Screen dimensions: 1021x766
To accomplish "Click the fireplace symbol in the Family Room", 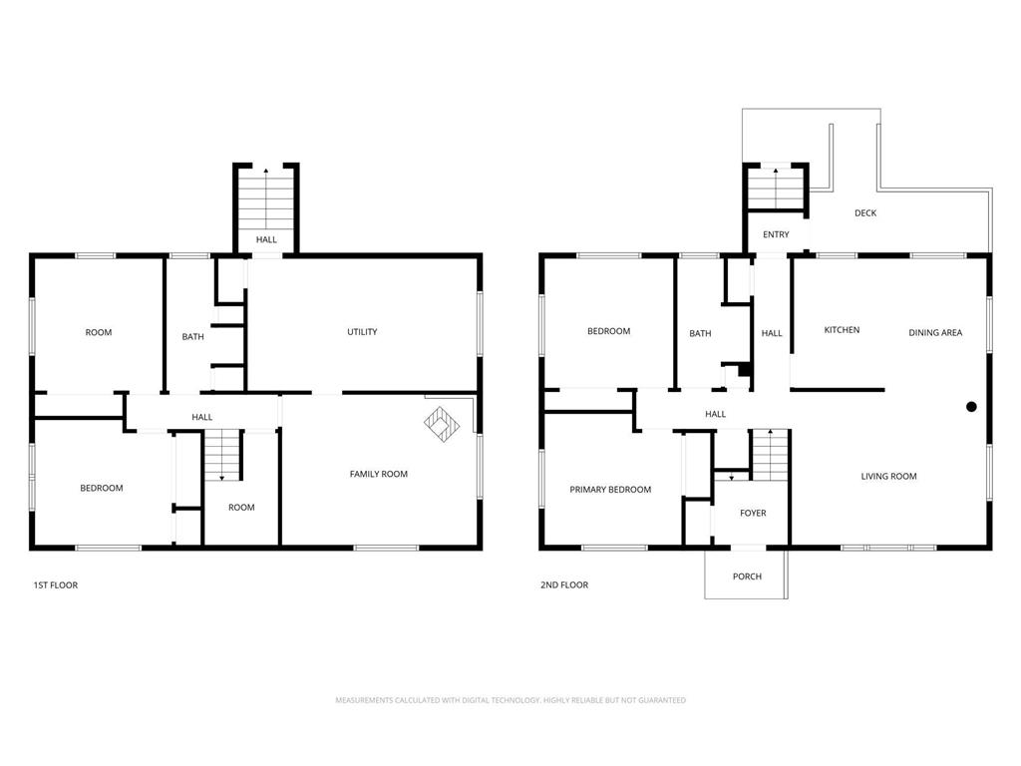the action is tap(442, 424).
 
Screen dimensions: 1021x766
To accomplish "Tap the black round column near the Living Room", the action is tap(971, 407).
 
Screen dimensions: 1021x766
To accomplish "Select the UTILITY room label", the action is tap(362, 331).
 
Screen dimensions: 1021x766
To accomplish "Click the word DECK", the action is tap(865, 213).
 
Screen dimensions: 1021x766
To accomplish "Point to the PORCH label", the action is tap(747, 576).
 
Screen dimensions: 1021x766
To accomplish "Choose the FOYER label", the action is tap(753, 514).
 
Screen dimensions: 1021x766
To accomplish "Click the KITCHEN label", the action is tap(842, 330).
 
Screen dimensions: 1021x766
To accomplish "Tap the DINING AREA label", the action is tap(935, 333).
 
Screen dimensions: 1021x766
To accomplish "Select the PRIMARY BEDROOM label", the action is tap(610, 490).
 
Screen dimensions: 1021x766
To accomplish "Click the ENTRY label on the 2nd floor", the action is tap(776, 234).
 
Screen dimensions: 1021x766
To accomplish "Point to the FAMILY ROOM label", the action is tap(378, 474).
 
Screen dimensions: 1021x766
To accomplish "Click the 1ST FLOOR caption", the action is tap(56, 584).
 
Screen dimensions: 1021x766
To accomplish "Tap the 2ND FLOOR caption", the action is tap(564, 584).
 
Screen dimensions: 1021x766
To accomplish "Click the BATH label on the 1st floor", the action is tap(192, 337).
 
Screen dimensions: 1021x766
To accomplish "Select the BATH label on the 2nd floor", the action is tap(700, 333).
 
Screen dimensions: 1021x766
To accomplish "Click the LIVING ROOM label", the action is tap(888, 476).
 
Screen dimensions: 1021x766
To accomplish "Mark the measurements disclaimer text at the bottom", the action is tap(510, 700).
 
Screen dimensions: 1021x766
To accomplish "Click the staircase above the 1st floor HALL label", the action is tap(265, 197).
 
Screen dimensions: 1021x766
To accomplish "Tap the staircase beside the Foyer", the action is tap(771, 455).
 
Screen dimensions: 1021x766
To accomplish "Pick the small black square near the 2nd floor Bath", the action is tap(745, 370).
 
